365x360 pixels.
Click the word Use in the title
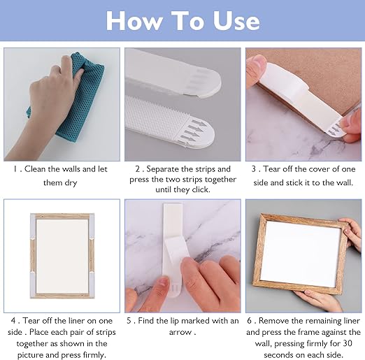pyautogui.click(x=236, y=21)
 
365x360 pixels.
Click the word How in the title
pyautogui.click(x=134, y=21)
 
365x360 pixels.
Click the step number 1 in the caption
pyautogui.click(x=15, y=169)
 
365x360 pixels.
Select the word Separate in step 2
pyautogui.click(x=163, y=169)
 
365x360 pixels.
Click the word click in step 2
pyautogui.click(x=200, y=189)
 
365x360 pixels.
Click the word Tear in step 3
pyautogui.click(x=271, y=169)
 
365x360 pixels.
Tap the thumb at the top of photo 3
pyautogui.click(x=257, y=68)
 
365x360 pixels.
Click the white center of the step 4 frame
pyautogui.click(x=62, y=256)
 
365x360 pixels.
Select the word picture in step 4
pyautogui.click(x=30, y=355)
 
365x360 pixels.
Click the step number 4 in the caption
pyautogui.click(x=13, y=321)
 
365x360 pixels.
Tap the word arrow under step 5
pyautogui.click(x=180, y=333)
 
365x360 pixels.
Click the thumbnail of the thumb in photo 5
pyautogui.click(x=163, y=282)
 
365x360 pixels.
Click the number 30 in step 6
pyautogui.click(x=348, y=344)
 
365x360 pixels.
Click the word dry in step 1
pyautogui.click(x=71, y=182)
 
